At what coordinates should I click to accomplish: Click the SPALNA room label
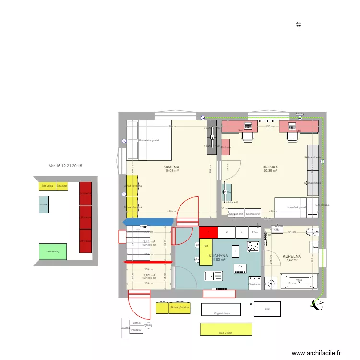tap(171, 167)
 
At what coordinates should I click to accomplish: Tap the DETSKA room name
tap(270, 167)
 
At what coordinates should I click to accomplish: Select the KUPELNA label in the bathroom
tap(292, 256)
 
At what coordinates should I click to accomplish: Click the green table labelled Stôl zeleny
tap(52, 251)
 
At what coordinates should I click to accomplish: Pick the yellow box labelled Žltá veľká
tap(47, 186)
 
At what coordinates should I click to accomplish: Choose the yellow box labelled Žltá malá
tap(62, 186)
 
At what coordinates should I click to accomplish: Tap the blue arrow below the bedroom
tap(148, 221)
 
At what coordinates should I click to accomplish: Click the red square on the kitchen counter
tap(208, 232)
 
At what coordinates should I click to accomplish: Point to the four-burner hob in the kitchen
tap(252, 246)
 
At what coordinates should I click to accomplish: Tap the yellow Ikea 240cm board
tap(226, 329)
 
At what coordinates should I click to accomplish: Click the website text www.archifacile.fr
tap(316, 353)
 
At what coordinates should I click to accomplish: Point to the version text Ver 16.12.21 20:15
tap(66, 166)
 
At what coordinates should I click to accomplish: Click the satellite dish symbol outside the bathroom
tap(317, 302)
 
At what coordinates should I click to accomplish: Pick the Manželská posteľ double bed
tap(149, 140)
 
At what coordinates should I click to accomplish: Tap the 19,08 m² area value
tap(171, 171)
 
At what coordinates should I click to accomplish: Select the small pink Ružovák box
tap(226, 147)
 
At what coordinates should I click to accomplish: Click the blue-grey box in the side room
tap(44, 204)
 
